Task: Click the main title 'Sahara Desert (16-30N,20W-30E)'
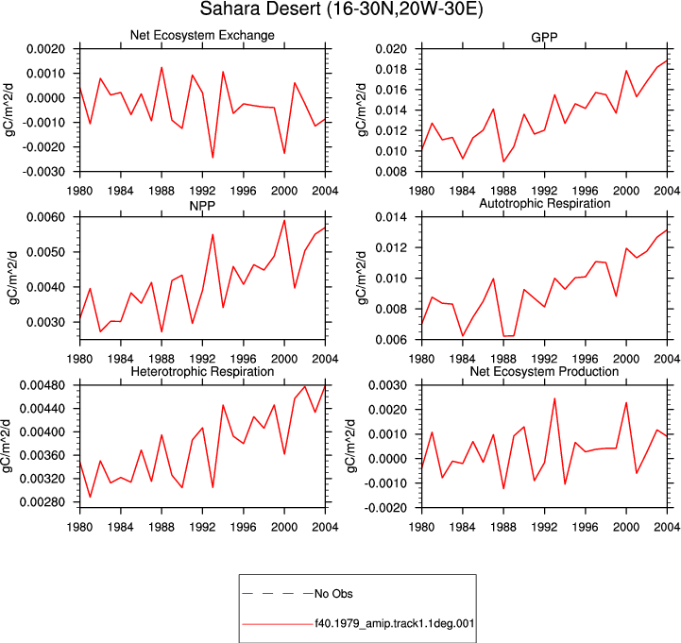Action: [x=341, y=9]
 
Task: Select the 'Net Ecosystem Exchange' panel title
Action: [x=202, y=35]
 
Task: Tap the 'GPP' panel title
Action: [x=544, y=38]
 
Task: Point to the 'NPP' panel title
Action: [x=202, y=205]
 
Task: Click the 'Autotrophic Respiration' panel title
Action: [x=545, y=203]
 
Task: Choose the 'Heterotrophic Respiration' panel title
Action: [x=202, y=372]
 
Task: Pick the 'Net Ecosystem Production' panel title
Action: [x=544, y=372]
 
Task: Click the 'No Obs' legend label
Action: [x=333, y=594]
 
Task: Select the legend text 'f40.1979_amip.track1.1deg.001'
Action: [x=395, y=623]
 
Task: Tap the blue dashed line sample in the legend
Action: [x=278, y=594]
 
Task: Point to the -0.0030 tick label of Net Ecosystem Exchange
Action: [x=43, y=172]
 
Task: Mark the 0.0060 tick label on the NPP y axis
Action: [x=46, y=217]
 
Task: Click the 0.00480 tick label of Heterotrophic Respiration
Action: [x=43, y=385]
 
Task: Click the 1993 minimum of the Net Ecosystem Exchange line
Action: [x=213, y=158]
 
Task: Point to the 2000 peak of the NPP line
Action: [x=284, y=220]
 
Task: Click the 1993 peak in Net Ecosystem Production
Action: [x=554, y=398]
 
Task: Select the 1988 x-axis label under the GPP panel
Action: [x=503, y=191]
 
